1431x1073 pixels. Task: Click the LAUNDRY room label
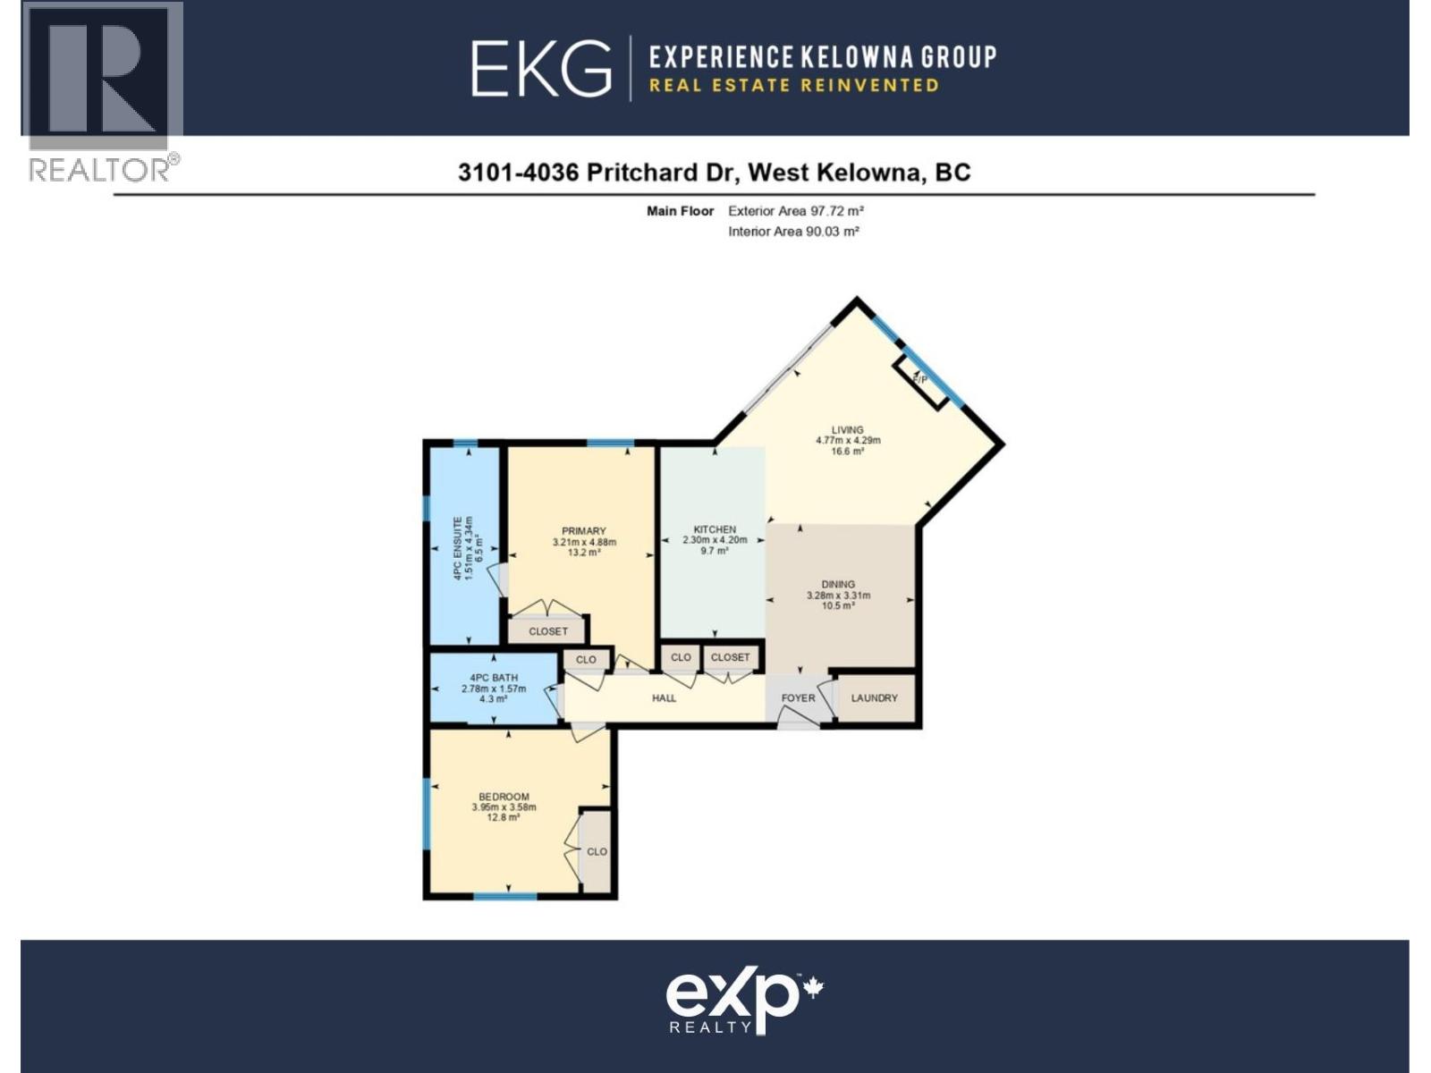(874, 698)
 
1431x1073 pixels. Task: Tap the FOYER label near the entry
(798, 698)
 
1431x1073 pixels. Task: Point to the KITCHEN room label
(715, 529)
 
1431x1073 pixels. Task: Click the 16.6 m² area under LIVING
(847, 452)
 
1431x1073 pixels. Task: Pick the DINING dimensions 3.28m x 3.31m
(838, 596)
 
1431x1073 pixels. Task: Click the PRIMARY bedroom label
(584, 531)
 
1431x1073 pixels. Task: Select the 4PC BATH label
(494, 678)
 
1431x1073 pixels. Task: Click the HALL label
(664, 698)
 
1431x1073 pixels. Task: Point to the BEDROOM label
(504, 797)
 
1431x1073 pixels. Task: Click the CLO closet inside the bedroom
(597, 852)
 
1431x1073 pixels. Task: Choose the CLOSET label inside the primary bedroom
(548, 631)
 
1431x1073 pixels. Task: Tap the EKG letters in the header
(541, 69)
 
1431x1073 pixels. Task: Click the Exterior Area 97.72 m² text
(795, 212)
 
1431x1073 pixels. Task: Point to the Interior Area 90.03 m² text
(793, 232)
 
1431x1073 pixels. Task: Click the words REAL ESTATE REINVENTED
(793, 86)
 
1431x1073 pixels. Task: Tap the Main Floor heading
(680, 212)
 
